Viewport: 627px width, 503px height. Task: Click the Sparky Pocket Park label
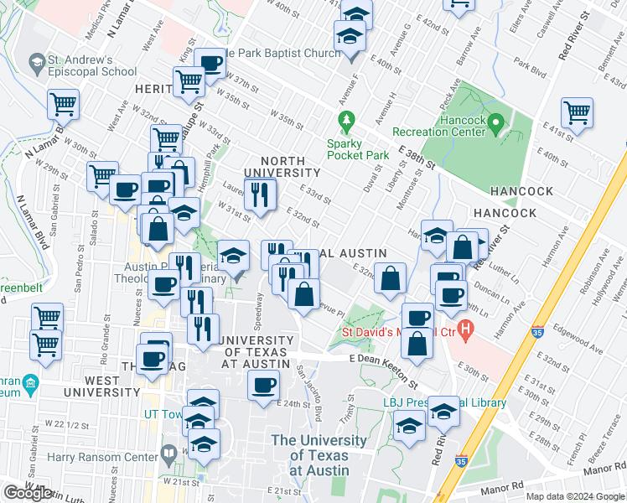tap(358, 148)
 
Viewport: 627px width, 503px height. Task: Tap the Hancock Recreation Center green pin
tap(495, 126)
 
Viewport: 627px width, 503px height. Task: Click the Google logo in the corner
tap(28, 493)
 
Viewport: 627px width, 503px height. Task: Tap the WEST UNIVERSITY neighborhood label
tap(101, 386)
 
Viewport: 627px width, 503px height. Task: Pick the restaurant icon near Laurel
tap(260, 194)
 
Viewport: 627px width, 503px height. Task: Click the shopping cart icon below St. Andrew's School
tap(63, 105)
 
